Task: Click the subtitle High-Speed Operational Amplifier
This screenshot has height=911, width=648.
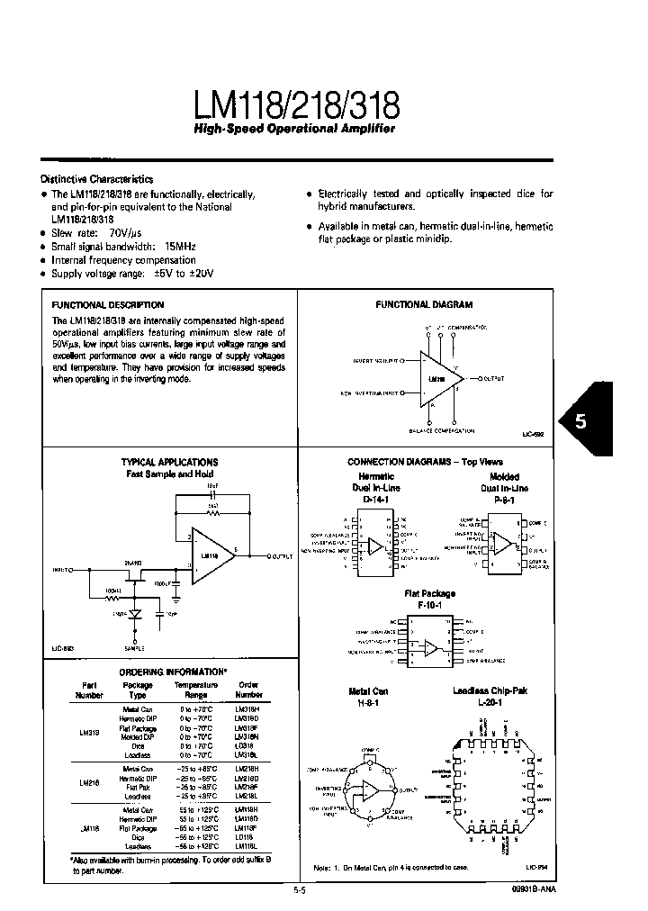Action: click(295, 130)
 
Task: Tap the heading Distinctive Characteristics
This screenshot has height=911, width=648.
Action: click(97, 179)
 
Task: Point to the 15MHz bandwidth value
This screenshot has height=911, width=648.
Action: click(179, 246)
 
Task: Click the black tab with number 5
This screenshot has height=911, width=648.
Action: click(580, 420)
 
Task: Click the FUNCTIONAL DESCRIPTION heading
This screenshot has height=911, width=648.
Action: click(107, 305)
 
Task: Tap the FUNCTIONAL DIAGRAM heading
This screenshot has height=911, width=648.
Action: click(423, 305)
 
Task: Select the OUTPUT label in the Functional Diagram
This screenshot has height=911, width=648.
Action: click(493, 379)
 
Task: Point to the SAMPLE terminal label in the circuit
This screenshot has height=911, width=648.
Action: click(134, 647)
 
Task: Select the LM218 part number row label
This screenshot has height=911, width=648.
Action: click(91, 783)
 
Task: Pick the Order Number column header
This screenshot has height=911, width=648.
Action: click(247, 690)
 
